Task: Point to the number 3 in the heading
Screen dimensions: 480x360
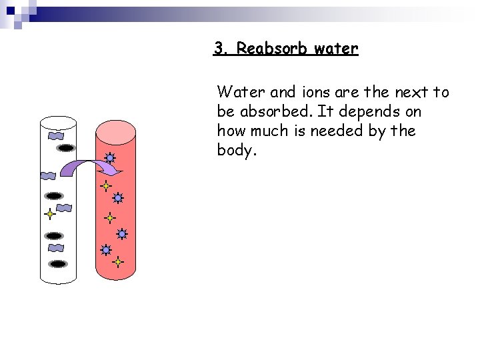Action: (219, 49)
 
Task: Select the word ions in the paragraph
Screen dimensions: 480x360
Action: (282, 92)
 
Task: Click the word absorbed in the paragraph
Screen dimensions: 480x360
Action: (269, 111)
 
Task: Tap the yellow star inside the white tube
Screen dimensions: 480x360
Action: (49, 215)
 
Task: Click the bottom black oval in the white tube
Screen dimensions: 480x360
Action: (59, 264)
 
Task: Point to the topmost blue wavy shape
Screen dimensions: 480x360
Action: (55, 135)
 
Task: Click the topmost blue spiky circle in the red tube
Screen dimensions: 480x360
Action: (109, 159)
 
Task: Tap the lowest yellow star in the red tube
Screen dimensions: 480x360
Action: (118, 262)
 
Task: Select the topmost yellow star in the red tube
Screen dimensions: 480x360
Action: (105, 187)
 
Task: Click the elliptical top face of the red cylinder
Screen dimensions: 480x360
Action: (116, 131)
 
